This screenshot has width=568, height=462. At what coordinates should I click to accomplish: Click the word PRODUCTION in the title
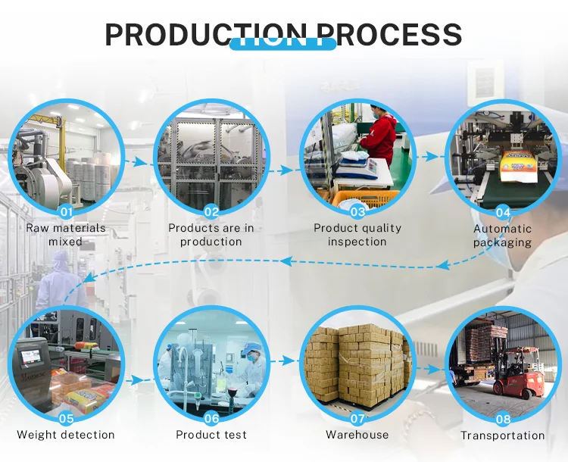click(206, 35)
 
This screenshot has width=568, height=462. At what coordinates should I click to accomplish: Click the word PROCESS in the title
click(389, 35)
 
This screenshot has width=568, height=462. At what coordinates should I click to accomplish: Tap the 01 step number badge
click(66, 212)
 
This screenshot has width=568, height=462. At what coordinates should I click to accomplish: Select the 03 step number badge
click(357, 212)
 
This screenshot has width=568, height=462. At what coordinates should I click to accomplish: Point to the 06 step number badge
click(211, 418)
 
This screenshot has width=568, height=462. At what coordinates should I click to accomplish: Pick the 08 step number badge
click(503, 418)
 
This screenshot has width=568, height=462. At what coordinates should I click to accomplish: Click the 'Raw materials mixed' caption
click(66, 235)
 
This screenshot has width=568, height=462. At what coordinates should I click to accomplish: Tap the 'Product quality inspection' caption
click(357, 235)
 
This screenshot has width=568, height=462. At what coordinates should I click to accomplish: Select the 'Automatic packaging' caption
click(503, 236)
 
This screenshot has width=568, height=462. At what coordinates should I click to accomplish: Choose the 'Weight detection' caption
click(66, 435)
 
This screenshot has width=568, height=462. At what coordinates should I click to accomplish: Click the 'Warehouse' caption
click(357, 435)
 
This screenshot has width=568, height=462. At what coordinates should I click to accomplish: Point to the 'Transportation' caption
click(503, 435)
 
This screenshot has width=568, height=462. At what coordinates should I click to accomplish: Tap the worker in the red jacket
click(382, 136)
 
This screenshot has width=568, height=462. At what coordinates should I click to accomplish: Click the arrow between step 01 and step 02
click(137, 161)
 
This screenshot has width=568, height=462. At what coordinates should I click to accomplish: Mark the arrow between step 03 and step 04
click(429, 158)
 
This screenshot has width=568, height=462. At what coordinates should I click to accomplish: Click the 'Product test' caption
click(211, 435)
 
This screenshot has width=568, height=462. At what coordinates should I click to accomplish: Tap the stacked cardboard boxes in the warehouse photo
click(356, 364)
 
